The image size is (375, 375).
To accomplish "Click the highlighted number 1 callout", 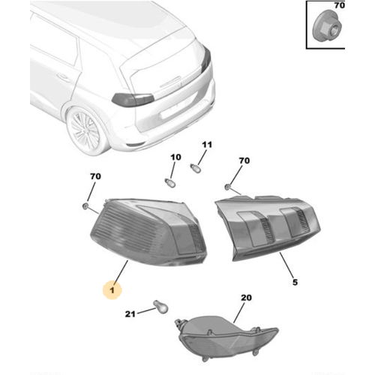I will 113,287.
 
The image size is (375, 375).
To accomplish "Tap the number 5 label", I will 295,282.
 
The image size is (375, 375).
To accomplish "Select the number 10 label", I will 176,157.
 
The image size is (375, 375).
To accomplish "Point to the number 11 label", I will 208,144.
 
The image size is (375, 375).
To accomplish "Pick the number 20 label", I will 245,298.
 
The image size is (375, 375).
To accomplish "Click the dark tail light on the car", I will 133,99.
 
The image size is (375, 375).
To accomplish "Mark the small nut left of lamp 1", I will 88,204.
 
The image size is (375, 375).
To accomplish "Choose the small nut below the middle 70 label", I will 228,185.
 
